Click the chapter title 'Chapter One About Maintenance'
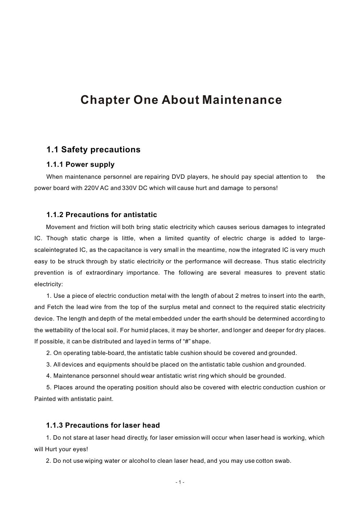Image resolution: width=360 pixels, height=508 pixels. pos(181,100)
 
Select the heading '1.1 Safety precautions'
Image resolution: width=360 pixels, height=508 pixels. pos(93,150)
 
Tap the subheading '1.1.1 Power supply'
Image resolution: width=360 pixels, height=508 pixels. pos(80,165)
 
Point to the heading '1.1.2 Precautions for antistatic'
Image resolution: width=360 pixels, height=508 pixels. pos(102,215)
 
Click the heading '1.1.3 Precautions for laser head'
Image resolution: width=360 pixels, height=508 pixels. pos(103,425)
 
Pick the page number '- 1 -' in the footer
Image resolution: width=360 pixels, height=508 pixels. pos(180,482)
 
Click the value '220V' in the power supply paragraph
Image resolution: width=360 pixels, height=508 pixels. pos(96,188)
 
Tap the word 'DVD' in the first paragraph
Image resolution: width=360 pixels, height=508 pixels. pos(178,177)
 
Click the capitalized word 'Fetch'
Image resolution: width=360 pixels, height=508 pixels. pos(55,307)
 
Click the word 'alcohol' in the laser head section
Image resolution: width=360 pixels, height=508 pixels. pos(139,461)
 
